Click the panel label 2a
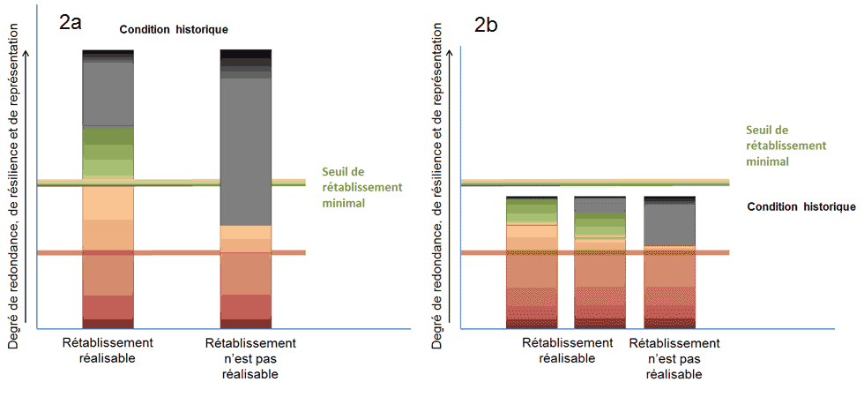click(x=71, y=24)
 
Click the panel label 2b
click(x=486, y=26)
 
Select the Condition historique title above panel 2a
click(x=175, y=29)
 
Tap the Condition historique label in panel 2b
click(x=801, y=206)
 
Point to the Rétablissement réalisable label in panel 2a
click(x=108, y=350)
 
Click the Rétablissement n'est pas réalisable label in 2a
click(x=250, y=358)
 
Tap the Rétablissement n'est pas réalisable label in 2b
click(x=674, y=358)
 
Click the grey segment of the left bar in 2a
click(x=108, y=93)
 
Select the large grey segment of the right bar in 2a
click(x=245, y=150)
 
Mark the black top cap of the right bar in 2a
click(x=245, y=55)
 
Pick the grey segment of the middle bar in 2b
click(x=600, y=206)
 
